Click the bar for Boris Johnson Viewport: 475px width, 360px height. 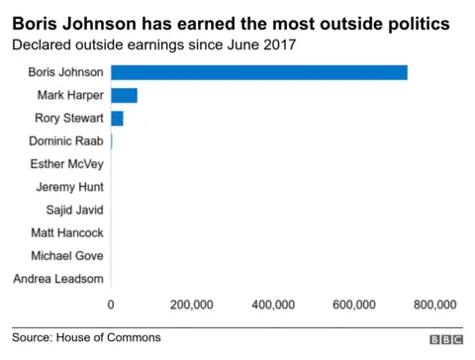(x=259, y=72)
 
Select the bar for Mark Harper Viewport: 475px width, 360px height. (x=124, y=96)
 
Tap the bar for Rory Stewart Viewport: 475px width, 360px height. (x=117, y=119)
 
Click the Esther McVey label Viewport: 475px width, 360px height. (x=65, y=164)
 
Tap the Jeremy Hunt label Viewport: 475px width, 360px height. (x=68, y=187)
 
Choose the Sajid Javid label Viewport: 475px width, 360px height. (x=74, y=210)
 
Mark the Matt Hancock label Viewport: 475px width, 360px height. (x=67, y=233)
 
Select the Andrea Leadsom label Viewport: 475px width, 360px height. (x=59, y=279)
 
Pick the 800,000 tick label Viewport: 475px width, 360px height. (x=434, y=305)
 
